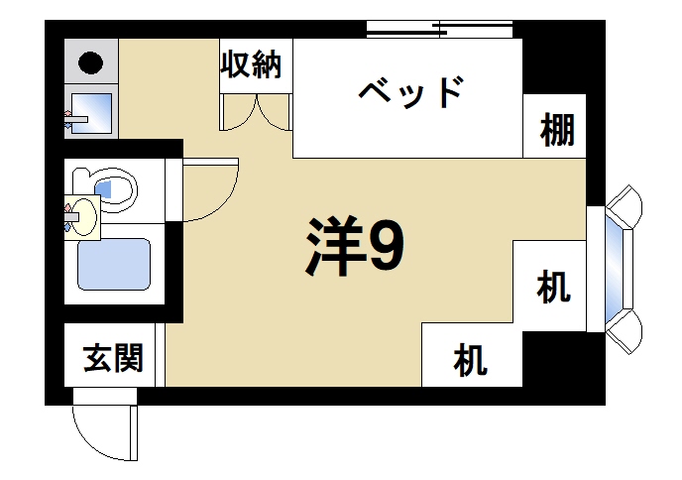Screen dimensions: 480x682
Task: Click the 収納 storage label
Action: pyautogui.click(x=253, y=65)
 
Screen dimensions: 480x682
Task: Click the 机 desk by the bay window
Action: pyautogui.click(x=553, y=288)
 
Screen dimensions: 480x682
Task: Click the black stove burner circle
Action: pyautogui.click(x=91, y=64)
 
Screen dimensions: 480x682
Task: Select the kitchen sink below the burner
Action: pyautogui.click(x=91, y=115)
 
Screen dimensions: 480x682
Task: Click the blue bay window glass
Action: pyautogui.click(x=623, y=268)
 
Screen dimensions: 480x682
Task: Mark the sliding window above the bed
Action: pyautogui.click(x=441, y=27)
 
